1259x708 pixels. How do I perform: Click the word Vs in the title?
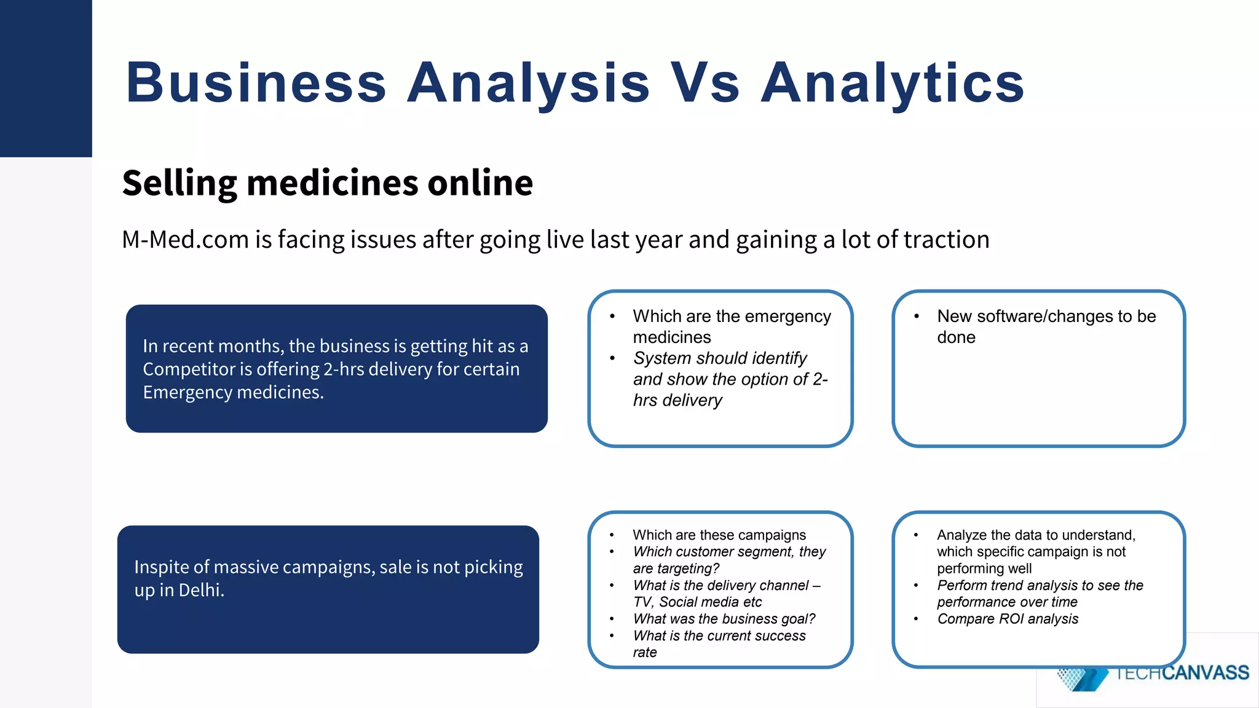pyautogui.click(x=704, y=83)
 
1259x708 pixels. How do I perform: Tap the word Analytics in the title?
pyautogui.click(x=893, y=83)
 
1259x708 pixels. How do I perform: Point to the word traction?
pyautogui.click(x=945, y=240)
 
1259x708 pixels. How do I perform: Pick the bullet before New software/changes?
pyautogui.click(x=917, y=317)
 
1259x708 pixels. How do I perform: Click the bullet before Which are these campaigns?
pyautogui.click(x=612, y=535)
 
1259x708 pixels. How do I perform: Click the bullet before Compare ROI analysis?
pyautogui.click(x=917, y=619)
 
